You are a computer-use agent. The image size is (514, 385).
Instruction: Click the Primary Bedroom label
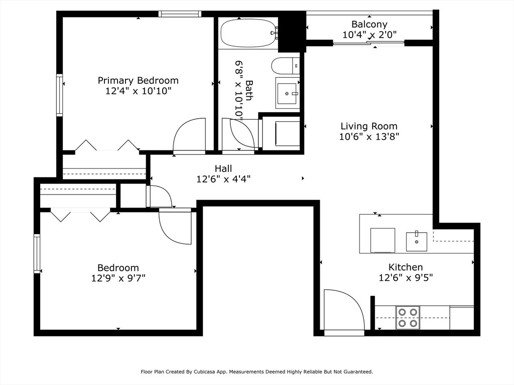coord(138,81)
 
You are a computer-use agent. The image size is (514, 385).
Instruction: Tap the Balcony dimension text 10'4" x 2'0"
coord(369,35)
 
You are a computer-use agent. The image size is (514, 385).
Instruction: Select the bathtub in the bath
coord(249,33)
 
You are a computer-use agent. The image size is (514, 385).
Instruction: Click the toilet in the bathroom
coord(285,66)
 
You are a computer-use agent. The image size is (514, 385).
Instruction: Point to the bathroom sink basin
coord(287,93)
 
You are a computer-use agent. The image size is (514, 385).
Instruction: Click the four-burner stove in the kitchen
coord(408,317)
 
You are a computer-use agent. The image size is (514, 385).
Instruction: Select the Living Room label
coord(369,126)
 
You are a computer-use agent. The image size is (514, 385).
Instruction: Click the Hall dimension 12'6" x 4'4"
coord(223,179)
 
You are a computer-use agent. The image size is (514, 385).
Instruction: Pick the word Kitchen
coord(406,267)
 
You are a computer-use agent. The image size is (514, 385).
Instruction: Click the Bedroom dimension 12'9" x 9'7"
coord(118,278)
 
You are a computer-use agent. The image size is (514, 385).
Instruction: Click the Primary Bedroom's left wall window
coord(59,95)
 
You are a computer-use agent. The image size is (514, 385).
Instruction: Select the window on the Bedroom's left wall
coord(37,254)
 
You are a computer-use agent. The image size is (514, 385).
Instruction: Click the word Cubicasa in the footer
coord(205,372)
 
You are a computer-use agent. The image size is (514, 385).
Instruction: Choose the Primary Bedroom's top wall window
coord(180,14)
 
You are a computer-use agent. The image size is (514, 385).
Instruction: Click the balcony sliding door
coord(369,43)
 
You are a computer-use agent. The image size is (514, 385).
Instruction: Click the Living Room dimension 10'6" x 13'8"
coord(369,136)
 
